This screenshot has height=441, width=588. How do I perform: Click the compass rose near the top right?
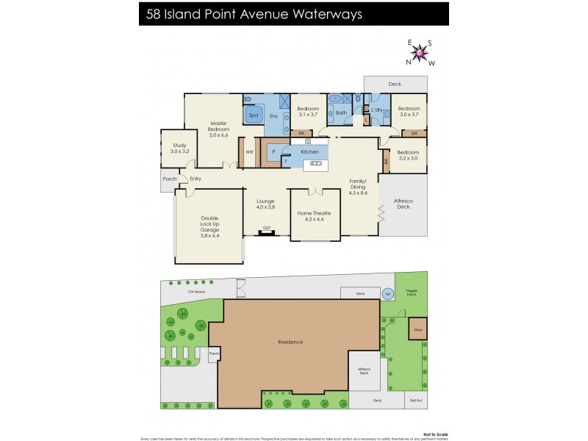coord(419,52)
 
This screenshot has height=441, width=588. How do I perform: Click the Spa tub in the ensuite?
coord(254,115)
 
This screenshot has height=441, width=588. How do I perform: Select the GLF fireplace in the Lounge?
coord(267,230)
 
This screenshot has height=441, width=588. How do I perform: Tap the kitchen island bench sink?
coord(317,163)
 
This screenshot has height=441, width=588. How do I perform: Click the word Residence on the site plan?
coord(290,342)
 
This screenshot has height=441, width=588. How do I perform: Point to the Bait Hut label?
coord(416,401)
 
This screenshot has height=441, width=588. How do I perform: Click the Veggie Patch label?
coord(412,291)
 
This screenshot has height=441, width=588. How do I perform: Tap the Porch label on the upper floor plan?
coord(169,179)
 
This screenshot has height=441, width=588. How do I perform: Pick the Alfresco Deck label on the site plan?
coord(364,371)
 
